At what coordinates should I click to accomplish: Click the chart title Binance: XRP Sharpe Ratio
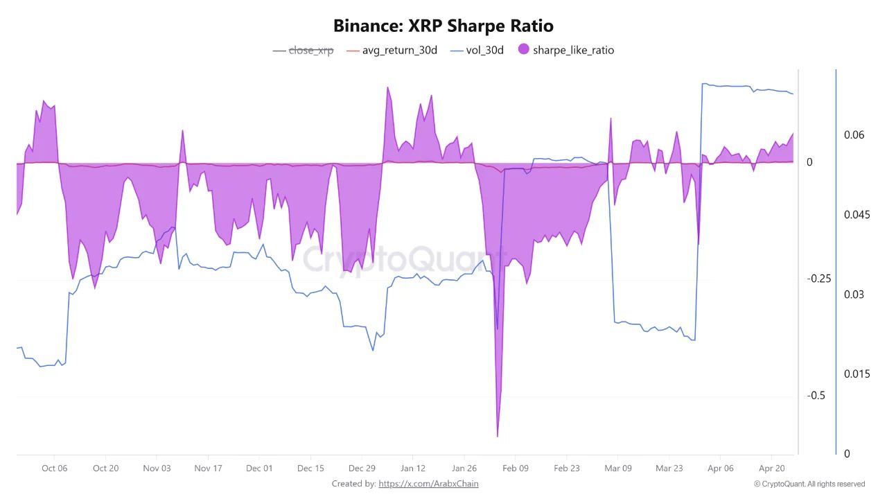click(x=443, y=26)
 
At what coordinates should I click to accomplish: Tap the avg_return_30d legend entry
click(x=399, y=50)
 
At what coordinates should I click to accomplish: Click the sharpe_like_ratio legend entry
click(x=573, y=50)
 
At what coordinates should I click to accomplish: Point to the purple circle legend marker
click(x=523, y=49)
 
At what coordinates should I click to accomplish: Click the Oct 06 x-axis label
click(x=54, y=469)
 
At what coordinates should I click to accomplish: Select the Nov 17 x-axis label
click(x=208, y=469)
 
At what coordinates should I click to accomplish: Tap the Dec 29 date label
click(x=362, y=469)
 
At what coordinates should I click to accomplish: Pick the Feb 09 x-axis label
click(x=516, y=469)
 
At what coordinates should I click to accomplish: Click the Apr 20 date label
click(x=771, y=469)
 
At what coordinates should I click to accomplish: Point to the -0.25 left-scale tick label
click(x=819, y=279)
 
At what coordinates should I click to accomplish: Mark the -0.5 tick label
click(x=817, y=396)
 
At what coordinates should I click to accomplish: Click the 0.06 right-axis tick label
click(x=854, y=135)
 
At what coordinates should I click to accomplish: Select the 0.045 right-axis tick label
click(x=856, y=215)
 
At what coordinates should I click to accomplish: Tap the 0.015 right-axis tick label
click(x=856, y=374)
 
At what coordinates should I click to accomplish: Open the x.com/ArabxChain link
click(x=428, y=484)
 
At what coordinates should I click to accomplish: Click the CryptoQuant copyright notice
click(x=809, y=484)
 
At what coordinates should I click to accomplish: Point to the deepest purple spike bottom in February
click(x=498, y=436)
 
